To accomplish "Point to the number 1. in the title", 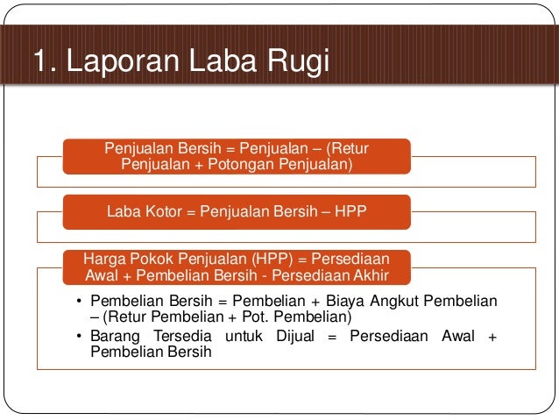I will coord(44,63).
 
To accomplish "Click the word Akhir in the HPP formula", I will coord(368,274).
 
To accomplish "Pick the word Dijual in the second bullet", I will coord(293,337).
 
